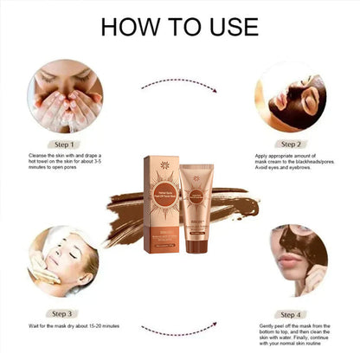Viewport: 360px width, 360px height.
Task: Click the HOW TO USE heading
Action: (179, 26)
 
